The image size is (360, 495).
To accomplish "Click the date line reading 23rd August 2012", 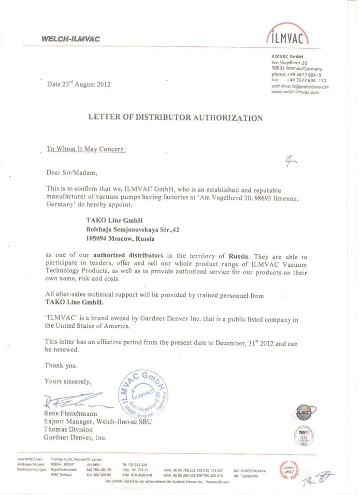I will click(x=79, y=84).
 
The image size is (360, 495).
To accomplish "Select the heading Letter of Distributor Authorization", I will click(x=175, y=117).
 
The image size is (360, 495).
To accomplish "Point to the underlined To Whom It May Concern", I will click(x=86, y=149).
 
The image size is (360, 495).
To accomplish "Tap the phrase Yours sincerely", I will click(x=68, y=381).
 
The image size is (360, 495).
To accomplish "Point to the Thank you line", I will click(x=61, y=365).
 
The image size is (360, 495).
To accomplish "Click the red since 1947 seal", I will click(x=289, y=468).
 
